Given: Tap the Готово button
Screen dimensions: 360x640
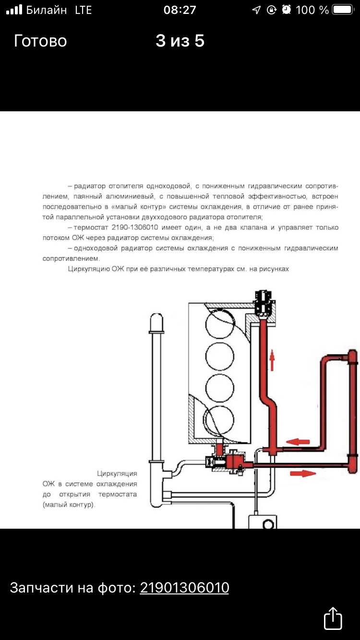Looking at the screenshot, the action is point(40,41).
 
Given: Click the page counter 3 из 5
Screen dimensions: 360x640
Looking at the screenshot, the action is point(180,41).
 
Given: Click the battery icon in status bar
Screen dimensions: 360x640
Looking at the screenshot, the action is point(343,10).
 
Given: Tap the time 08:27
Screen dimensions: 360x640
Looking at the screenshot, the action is point(180,10).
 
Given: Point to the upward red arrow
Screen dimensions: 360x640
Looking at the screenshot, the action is point(272,360).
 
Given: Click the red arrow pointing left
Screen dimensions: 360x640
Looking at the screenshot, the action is point(298,442).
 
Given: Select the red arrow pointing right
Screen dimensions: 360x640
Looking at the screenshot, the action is point(303,474).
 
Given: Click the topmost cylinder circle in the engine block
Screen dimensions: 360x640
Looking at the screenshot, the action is point(220,325).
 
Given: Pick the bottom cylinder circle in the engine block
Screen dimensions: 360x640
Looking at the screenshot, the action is point(220,420).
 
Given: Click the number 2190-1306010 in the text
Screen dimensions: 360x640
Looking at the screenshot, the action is point(135,227).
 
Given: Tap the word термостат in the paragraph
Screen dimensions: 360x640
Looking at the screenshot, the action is point(91,227).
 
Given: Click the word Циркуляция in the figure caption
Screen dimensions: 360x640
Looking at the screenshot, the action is point(117,474).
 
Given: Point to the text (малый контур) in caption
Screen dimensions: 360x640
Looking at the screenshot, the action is point(69,505).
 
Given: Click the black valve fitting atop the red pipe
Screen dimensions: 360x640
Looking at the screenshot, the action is point(264,303).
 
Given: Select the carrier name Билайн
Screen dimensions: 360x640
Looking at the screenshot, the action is point(47,10).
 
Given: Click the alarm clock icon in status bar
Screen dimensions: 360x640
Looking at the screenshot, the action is point(286,10).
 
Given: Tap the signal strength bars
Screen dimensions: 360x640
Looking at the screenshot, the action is point(14,10).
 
